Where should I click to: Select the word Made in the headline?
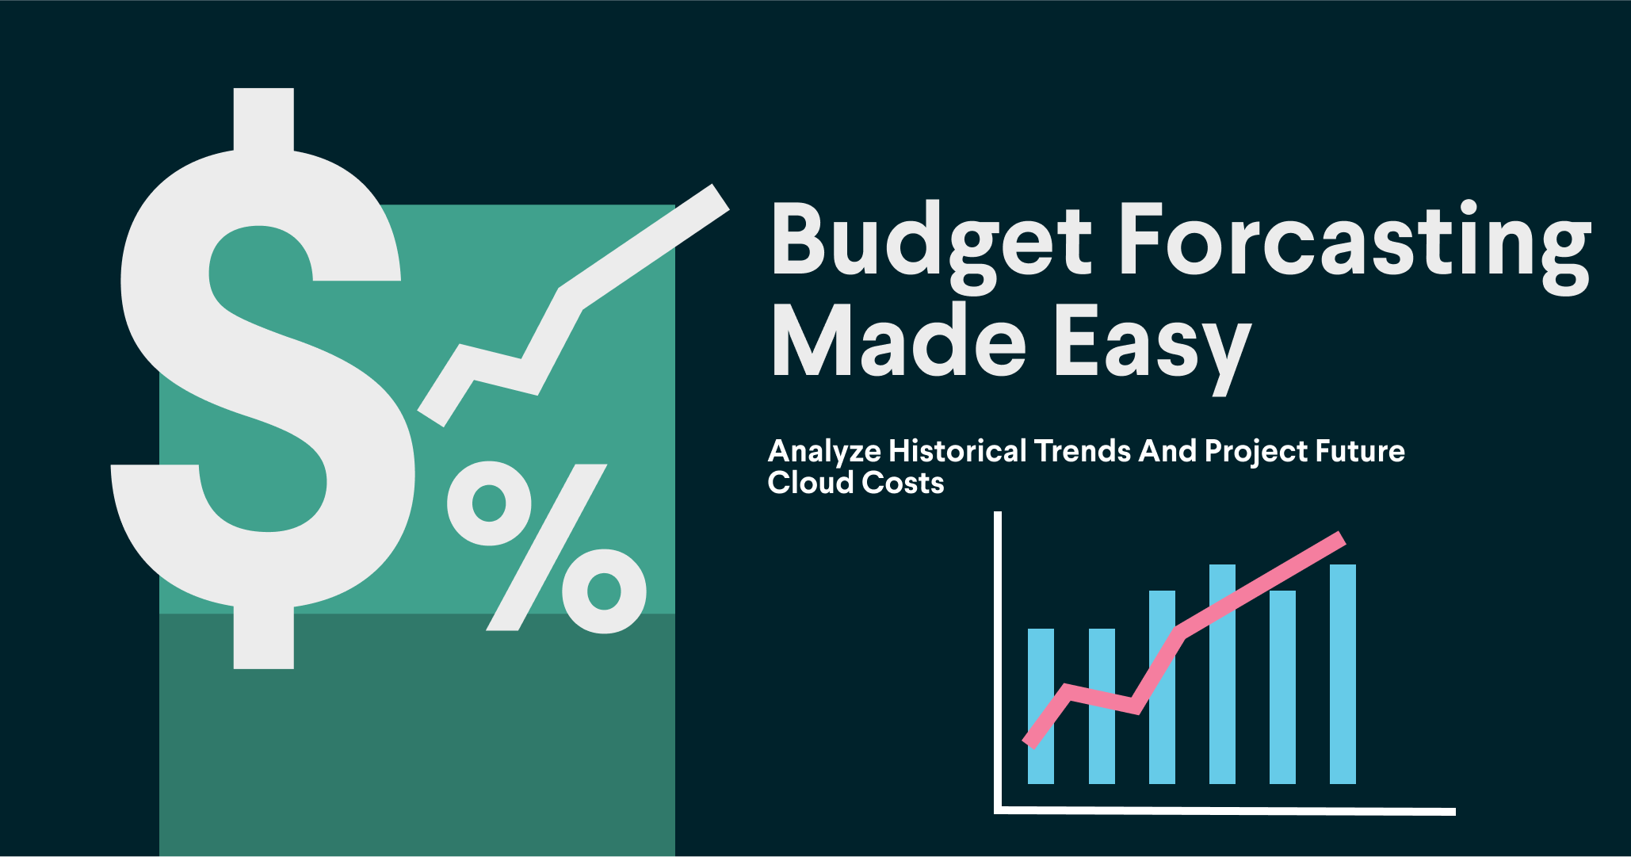[x=899, y=341]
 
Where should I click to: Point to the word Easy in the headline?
[x=1153, y=349]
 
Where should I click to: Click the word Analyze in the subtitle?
[x=824, y=452]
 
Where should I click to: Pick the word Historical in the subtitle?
[x=957, y=450]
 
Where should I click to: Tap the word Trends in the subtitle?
[x=1083, y=450]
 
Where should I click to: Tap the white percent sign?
[x=547, y=548]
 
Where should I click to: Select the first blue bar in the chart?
[x=1041, y=706]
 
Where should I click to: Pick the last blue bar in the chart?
[x=1343, y=674]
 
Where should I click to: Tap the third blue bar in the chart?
[x=1162, y=687]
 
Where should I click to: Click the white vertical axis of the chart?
[x=998, y=662]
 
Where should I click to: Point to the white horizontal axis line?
[x=1224, y=810]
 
